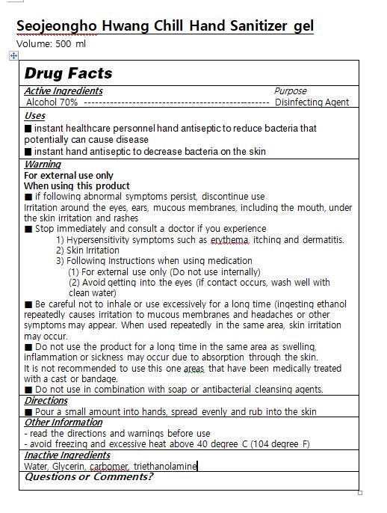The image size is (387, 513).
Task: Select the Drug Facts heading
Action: point(68,73)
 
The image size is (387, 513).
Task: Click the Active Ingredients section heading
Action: point(64,91)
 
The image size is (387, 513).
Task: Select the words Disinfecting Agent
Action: point(312,102)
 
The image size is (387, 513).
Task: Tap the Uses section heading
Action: point(34,116)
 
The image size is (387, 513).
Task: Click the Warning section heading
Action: point(43,164)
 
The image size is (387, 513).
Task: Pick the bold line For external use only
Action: point(69,175)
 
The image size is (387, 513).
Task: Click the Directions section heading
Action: point(46,401)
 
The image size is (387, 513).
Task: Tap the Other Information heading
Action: point(64,423)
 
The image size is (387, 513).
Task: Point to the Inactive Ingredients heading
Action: point(67,455)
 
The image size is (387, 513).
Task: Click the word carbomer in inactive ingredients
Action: point(110,466)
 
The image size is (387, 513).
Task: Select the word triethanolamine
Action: point(166,466)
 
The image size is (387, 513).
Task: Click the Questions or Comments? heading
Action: point(89,476)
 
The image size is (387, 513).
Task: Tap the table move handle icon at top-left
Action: point(14,56)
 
